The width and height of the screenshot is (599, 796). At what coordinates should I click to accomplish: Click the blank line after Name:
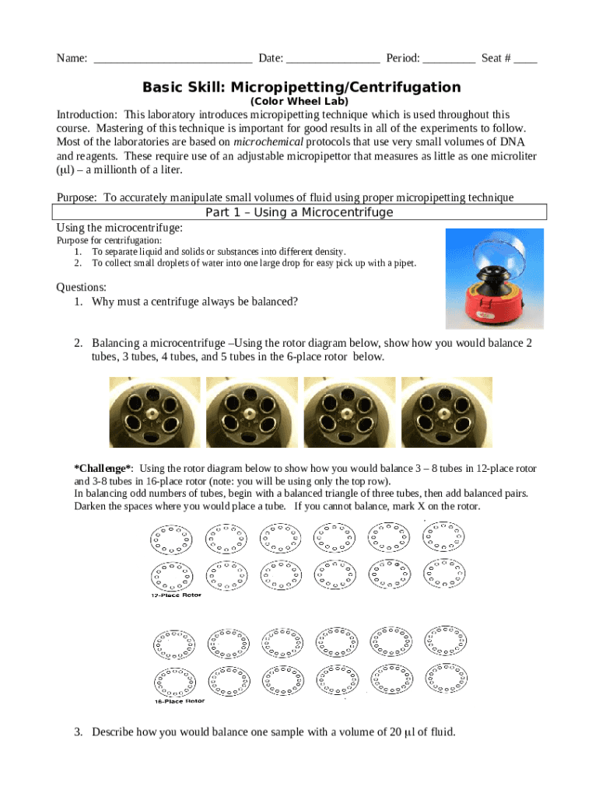172,60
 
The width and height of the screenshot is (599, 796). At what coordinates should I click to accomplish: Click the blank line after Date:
333,60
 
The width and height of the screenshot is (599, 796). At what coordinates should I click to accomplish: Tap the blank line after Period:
449,60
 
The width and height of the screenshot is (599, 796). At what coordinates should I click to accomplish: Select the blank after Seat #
525,60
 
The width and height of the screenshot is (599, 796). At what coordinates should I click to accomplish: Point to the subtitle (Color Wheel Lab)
299,102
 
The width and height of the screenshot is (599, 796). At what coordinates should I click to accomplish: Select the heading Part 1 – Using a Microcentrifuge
299,213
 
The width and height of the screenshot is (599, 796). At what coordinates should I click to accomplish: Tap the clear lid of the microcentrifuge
499,253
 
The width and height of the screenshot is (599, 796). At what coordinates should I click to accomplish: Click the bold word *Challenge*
103,469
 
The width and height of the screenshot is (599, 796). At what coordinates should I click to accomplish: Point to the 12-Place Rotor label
176,595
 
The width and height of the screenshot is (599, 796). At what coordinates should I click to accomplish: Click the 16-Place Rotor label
179,700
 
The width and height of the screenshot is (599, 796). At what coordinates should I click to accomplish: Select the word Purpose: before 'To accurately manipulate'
77,198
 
